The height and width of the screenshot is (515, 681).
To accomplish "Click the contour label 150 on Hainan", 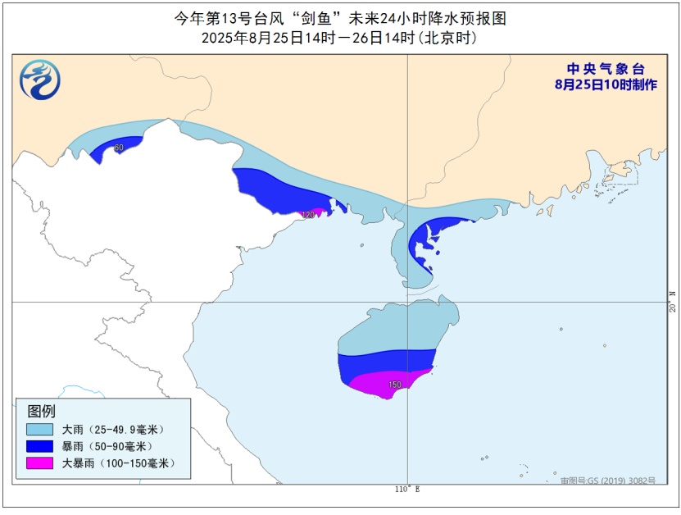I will [x=395, y=385].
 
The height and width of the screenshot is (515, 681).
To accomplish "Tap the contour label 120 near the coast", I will [x=308, y=214].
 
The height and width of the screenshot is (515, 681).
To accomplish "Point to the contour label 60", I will [x=119, y=148].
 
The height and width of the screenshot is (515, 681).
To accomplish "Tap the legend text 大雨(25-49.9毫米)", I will [x=114, y=430].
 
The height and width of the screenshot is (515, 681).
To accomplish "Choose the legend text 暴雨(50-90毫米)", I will [x=108, y=447].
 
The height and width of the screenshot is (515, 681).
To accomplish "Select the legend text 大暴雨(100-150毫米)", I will [x=119, y=464].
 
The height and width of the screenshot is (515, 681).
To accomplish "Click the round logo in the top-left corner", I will [x=40, y=80].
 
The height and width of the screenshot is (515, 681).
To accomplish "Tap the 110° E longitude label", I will [x=406, y=490].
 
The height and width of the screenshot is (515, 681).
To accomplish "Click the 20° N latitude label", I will [x=672, y=301].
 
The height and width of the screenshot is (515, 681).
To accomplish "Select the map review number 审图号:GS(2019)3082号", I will [x=607, y=480].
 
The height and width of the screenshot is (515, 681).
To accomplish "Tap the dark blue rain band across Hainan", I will [x=385, y=362].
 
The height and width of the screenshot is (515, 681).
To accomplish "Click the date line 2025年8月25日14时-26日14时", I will [x=339, y=38].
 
